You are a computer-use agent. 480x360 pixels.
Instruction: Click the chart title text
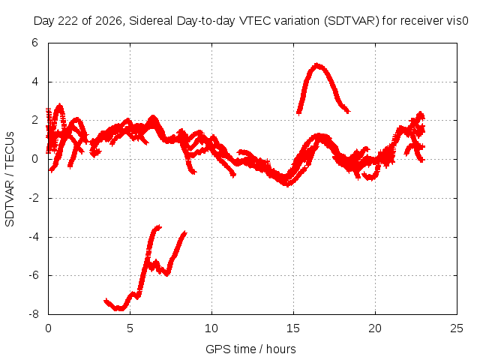tap(250, 21)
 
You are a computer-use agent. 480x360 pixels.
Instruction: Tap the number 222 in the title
tap(68, 21)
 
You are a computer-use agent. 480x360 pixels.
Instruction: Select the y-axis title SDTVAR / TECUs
tap(10, 179)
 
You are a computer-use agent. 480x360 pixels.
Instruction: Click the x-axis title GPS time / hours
tap(250, 349)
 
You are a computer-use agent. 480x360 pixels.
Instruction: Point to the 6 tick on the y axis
tap(34, 43)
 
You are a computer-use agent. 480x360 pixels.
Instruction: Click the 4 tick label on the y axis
tap(34, 82)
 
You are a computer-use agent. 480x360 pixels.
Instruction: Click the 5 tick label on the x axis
tap(130, 328)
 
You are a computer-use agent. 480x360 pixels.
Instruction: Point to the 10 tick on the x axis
tap(211, 328)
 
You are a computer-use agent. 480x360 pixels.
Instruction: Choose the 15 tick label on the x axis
tap(293, 328)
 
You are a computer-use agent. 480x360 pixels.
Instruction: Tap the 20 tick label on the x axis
tap(375, 328)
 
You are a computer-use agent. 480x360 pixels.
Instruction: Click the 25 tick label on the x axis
tap(457, 328)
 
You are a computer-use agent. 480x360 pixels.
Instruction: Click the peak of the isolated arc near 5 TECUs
tap(317, 65)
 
